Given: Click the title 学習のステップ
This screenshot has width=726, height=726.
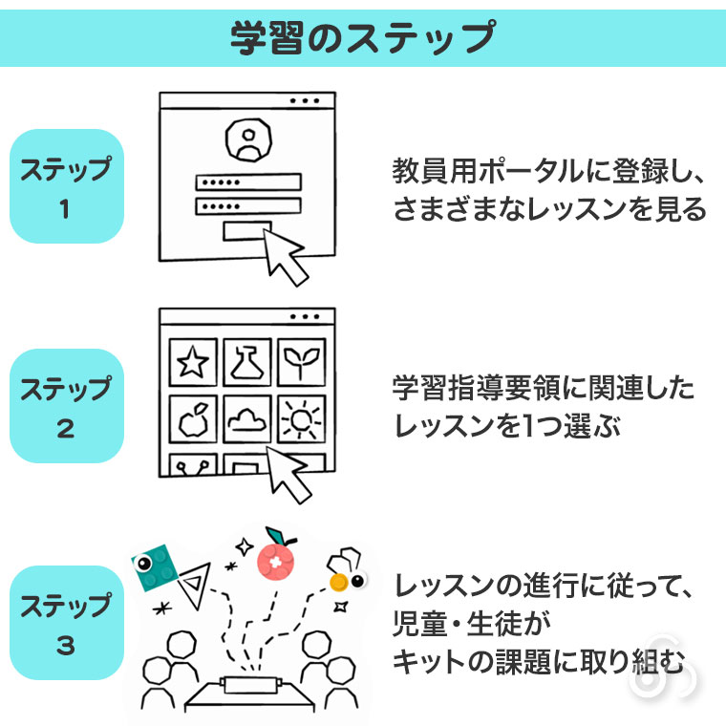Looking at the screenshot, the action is [x=363, y=37].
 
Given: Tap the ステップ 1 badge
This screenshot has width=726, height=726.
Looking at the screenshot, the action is [x=67, y=186].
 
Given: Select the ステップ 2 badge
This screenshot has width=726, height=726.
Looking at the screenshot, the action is [x=67, y=406].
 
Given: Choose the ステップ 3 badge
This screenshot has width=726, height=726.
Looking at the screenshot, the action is [x=67, y=623].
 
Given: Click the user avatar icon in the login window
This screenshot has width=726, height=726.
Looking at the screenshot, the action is [x=248, y=139].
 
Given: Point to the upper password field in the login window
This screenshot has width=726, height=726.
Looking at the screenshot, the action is [x=248, y=181].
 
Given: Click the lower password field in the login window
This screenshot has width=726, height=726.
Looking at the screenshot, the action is [x=248, y=206].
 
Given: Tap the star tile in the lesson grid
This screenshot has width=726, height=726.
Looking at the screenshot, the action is [x=193, y=362].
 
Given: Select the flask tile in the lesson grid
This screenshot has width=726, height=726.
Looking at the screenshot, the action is [x=247, y=362].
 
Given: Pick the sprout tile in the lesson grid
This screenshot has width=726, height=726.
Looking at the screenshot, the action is [x=302, y=362].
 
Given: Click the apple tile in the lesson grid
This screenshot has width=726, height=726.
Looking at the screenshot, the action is [x=193, y=419].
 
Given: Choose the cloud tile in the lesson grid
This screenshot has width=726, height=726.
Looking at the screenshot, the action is [x=247, y=419].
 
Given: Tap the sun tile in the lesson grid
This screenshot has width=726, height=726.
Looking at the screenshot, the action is [x=302, y=419].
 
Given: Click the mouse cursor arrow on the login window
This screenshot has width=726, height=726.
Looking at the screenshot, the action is [x=283, y=256].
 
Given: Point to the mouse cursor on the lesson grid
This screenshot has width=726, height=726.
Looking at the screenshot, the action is [x=288, y=473].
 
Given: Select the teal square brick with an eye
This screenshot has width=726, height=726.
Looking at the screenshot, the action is [x=155, y=567].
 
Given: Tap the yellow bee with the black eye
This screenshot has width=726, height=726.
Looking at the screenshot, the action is [x=346, y=571].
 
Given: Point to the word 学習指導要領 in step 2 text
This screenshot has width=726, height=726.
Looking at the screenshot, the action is [x=477, y=388].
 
